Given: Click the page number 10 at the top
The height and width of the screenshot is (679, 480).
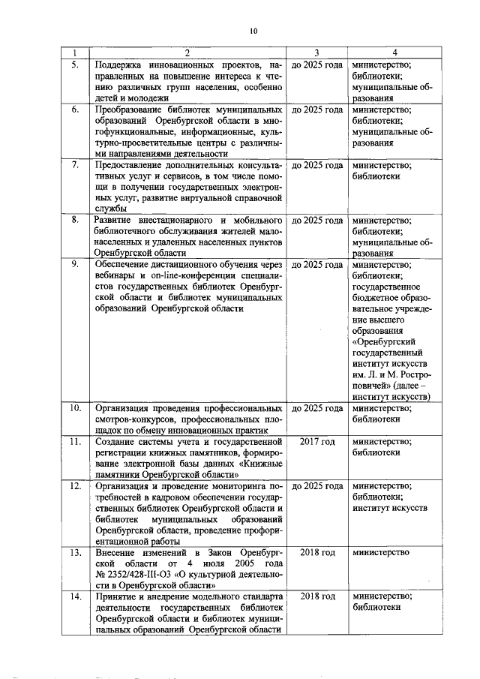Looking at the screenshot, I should click(x=253, y=31).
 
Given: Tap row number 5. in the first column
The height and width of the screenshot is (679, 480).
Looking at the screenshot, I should click(x=75, y=65).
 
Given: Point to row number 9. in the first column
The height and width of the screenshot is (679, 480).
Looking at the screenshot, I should click(x=75, y=264).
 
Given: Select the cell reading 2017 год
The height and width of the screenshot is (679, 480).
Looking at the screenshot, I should click(x=316, y=441).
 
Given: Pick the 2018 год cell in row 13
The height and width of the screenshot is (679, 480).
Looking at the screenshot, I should click(x=316, y=552).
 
